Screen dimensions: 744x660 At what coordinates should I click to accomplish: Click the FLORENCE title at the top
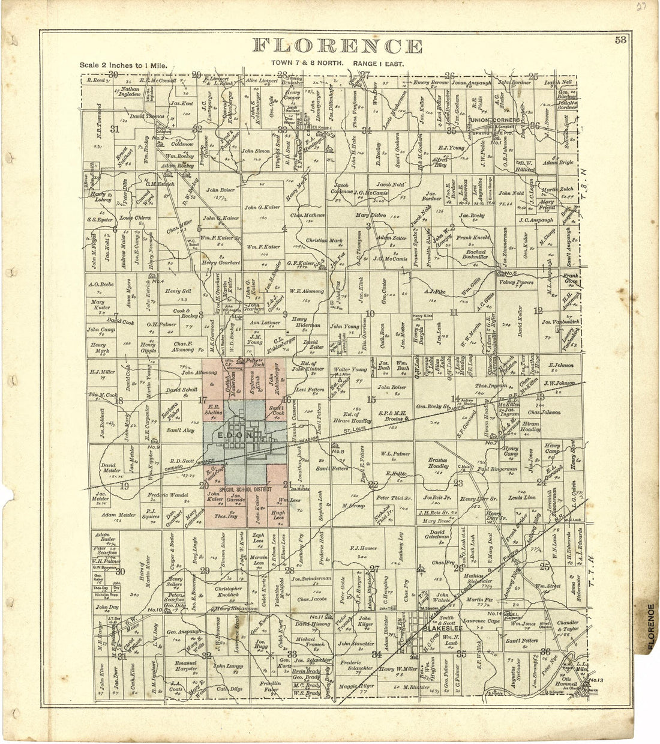[337, 46]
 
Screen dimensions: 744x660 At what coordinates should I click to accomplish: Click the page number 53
[620, 40]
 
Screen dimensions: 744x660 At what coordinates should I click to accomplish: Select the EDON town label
[231, 434]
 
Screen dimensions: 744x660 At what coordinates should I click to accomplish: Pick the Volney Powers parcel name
[517, 281]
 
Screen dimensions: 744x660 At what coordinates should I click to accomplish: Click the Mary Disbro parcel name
[371, 214]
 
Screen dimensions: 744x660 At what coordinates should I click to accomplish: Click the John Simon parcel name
[256, 151]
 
